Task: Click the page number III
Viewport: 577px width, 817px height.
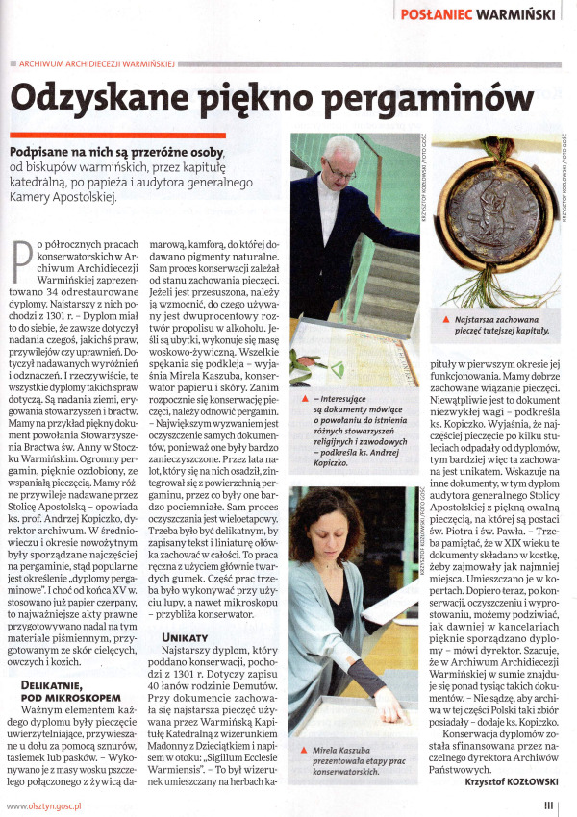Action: pos(549,805)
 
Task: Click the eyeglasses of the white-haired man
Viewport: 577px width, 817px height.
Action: pos(341,166)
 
